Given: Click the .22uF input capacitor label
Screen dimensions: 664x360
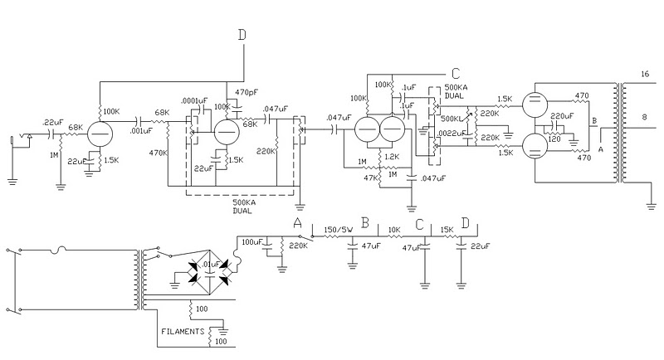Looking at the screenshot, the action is coord(53,123).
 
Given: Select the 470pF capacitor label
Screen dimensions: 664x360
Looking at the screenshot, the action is coord(247,92).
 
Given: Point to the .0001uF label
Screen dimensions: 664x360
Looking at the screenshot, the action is coord(194,100).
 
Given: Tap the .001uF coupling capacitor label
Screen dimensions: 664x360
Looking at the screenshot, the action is coord(141,131).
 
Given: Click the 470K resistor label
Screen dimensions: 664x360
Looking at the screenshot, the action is coord(159,153).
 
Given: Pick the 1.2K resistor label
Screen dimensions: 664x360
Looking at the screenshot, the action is coord(392,157).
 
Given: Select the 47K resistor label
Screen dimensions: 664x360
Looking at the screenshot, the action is coord(370,178).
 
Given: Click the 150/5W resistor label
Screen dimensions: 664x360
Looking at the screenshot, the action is coord(339,230).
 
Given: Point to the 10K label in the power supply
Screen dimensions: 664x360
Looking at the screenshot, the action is coord(393,230).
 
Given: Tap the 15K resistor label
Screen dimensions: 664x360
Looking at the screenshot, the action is coord(447,230).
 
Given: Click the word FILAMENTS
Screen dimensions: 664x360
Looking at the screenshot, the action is coord(183,332).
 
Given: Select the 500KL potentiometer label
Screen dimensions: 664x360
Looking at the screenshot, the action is coord(451,119).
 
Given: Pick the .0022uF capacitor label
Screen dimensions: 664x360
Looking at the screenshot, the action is coord(452,134).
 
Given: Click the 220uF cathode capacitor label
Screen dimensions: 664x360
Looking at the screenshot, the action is coord(562,116).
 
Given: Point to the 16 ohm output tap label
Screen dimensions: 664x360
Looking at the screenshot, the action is coord(645,74).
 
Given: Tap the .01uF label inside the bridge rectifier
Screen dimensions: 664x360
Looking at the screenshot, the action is coord(211,265).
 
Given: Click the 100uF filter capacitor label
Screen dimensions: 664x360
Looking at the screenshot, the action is coord(252,242).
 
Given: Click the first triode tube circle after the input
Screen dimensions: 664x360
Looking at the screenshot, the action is coord(100,134).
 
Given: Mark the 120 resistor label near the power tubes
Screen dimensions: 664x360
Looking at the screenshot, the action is coord(554,139).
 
